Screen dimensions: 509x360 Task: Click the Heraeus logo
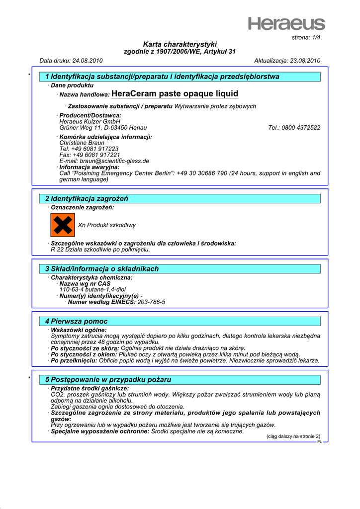(x=287, y=23)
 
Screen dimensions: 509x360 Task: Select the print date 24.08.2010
(x=88, y=61)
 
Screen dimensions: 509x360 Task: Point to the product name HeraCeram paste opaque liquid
(x=175, y=94)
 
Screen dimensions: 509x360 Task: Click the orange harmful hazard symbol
(x=62, y=225)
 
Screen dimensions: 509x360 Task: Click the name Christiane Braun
(x=82, y=143)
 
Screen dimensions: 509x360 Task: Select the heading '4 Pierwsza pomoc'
(x=76, y=322)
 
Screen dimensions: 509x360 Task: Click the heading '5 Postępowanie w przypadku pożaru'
(x=108, y=380)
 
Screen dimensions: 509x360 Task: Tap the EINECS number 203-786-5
(x=151, y=302)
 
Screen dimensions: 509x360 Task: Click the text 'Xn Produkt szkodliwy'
(x=107, y=225)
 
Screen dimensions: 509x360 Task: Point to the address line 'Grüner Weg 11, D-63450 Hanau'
(x=102, y=128)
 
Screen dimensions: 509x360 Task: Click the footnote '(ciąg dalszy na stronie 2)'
(x=293, y=436)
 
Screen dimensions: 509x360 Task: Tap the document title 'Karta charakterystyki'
(x=180, y=44)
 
